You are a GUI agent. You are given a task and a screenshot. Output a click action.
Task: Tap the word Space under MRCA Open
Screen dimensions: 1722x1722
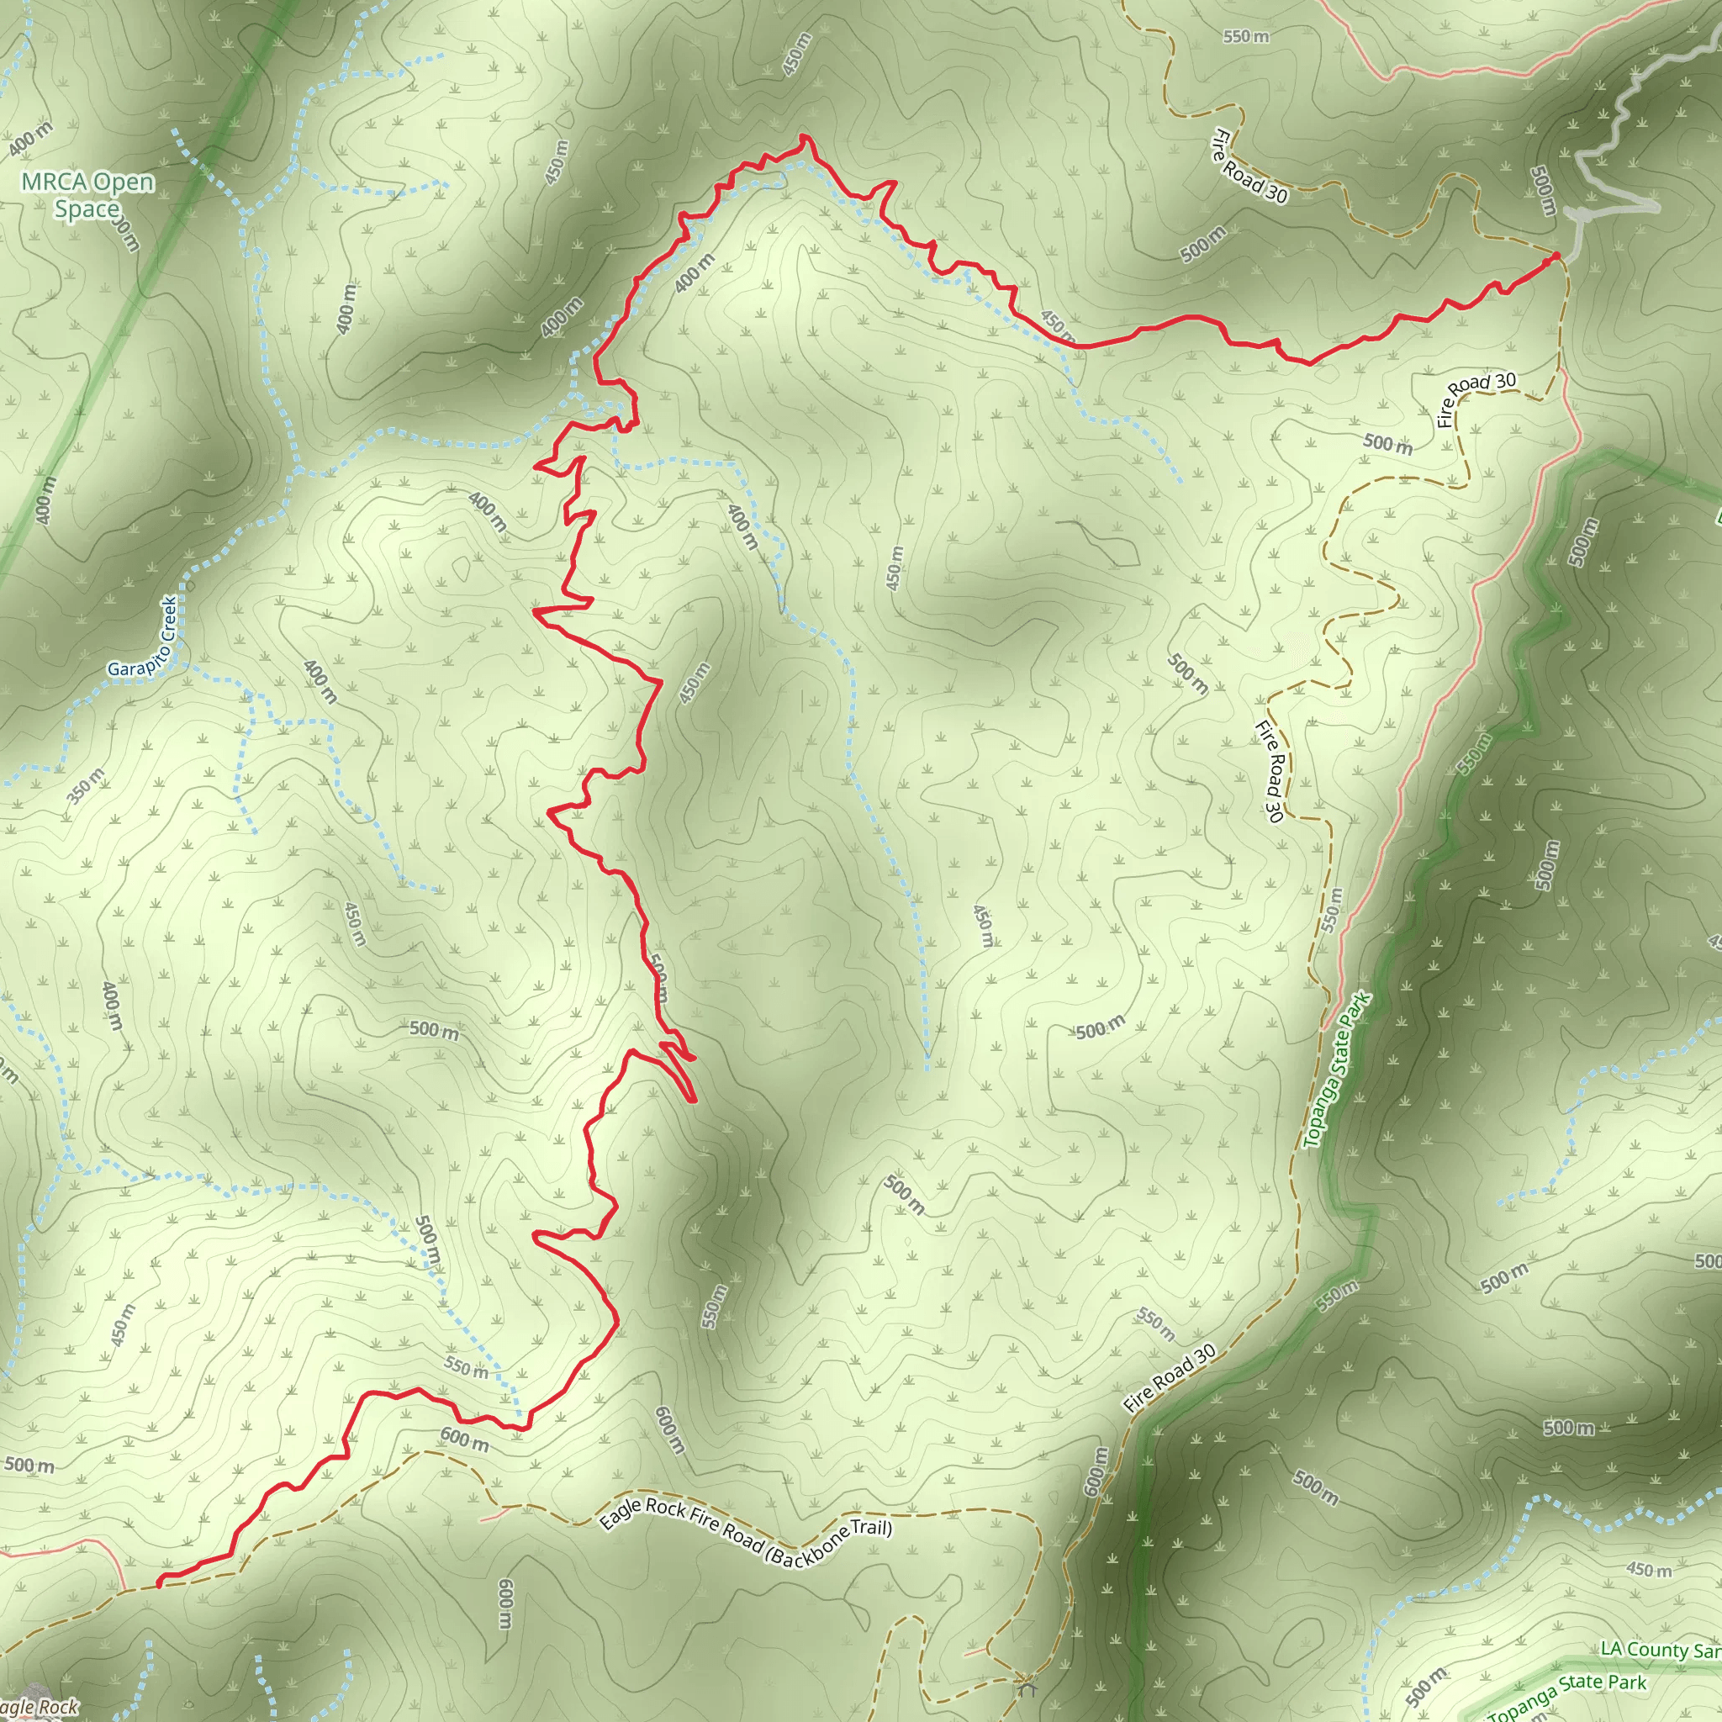click(x=87, y=209)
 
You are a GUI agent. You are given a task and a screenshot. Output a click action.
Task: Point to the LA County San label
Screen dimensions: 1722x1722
click(x=1660, y=1650)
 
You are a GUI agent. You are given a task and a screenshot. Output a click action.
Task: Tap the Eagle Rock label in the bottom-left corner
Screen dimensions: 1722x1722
click(x=40, y=1707)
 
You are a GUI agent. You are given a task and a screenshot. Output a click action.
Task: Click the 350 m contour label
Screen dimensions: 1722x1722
click(x=87, y=785)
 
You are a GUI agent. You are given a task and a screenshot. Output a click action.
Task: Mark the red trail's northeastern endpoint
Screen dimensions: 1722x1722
click(x=1556, y=256)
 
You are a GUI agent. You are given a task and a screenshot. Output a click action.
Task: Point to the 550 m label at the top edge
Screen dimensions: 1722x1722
click(x=1245, y=36)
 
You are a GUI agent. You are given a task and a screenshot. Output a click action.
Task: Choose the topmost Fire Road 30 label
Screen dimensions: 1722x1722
click(x=1249, y=165)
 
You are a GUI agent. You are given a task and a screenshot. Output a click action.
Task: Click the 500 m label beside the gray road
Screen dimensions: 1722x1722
click(x=1542, y=190)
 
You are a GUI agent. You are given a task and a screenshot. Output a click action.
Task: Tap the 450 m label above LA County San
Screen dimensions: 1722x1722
click(x=1649, y=1593)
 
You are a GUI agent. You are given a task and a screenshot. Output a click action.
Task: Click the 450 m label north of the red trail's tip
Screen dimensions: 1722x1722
click(x=797, y=55)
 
